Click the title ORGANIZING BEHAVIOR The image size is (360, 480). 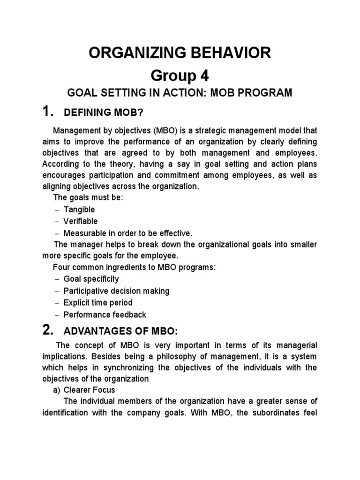[x=180, y=53]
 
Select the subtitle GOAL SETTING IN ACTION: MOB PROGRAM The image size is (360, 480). [x=180, y=93]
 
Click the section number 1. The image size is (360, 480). [x=46, y=112]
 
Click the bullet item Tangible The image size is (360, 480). [x=79, y=210]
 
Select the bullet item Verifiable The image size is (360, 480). [x=81, y=221]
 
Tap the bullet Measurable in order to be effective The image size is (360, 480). [x=128, y=233]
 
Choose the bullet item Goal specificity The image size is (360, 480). [x=91, y=279]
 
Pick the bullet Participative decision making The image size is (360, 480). [x=116, y=291]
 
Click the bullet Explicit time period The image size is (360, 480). [x=98, y=303]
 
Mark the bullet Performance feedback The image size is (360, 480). [x=105, y=315]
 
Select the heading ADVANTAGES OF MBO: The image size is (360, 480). [x=120, y=332]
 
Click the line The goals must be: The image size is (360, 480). [x=88, y=198]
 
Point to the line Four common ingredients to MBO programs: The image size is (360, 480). [x=135, y=268]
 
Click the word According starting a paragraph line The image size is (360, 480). [x=58, y=165]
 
